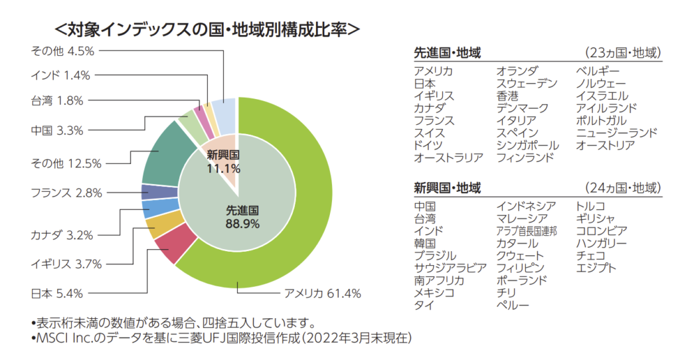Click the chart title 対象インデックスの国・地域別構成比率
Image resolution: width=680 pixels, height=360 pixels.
click(207, 29)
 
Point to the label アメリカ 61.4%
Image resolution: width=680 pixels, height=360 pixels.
click(322, 293)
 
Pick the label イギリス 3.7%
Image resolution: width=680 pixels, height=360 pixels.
click(66, 264)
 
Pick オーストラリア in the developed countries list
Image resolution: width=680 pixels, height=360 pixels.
click(448, 157)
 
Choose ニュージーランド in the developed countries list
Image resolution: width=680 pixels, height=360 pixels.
click(617, 133)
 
